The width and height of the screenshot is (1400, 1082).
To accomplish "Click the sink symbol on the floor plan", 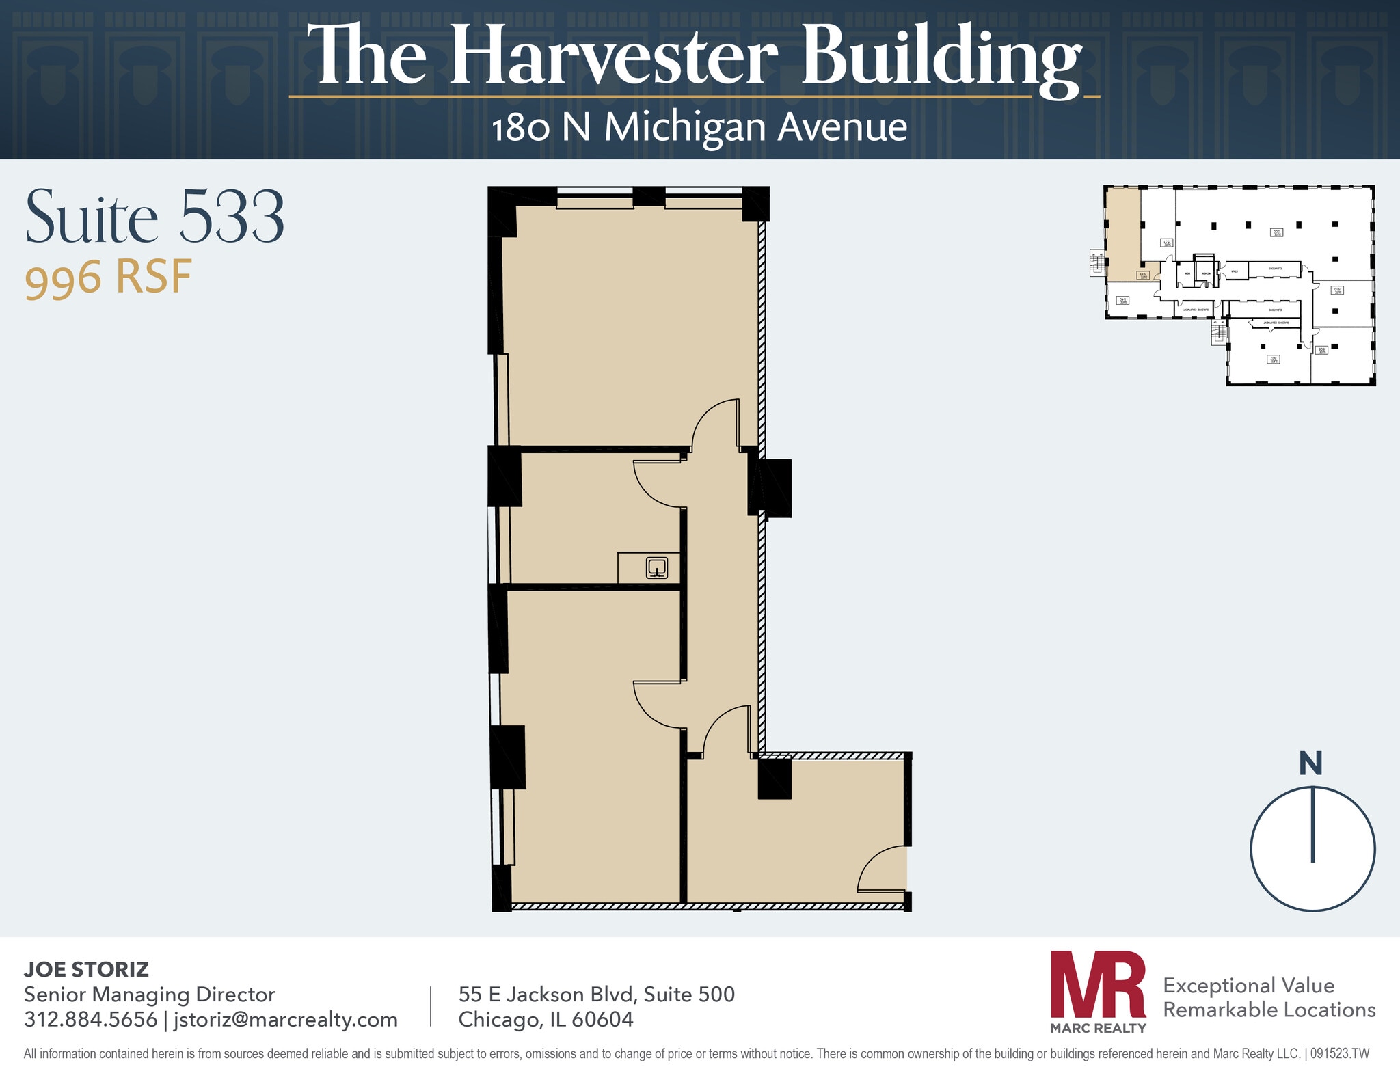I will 657,567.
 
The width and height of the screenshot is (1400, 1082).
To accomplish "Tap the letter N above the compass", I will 1310,763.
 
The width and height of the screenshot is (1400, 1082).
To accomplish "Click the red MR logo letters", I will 1098,984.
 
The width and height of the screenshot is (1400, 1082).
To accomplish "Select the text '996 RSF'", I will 108,278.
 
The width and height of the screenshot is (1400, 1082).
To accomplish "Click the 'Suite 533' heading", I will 154,217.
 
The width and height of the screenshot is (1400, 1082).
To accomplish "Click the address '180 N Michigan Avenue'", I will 699,127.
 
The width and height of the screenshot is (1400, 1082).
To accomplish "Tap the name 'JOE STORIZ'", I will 86,969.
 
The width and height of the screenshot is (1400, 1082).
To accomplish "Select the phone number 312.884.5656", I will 90,1019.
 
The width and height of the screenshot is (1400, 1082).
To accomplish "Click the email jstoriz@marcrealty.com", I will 285,1019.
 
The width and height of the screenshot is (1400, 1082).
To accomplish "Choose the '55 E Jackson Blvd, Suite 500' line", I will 596,994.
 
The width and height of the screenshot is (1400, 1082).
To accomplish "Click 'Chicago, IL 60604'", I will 546,1019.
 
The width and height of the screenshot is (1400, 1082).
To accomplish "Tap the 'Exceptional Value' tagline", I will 1248,985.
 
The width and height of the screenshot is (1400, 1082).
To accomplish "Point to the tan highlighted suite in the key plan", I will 1123,232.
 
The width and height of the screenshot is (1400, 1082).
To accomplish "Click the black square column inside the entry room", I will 775,779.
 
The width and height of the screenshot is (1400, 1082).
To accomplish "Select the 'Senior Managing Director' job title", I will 149,994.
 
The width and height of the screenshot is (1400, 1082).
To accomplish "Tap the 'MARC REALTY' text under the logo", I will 1098,1028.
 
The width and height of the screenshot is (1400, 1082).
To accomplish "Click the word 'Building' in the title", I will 941,57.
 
